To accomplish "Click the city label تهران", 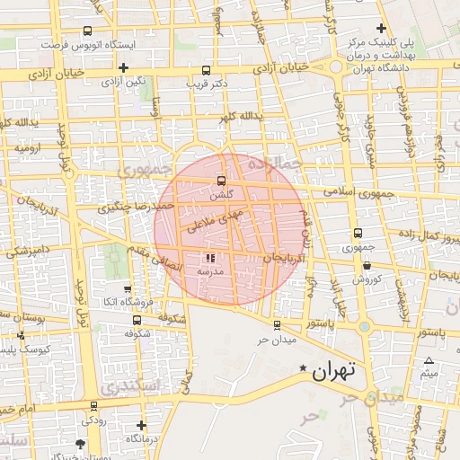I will click(336, 368).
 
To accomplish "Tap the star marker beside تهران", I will click(303, 367).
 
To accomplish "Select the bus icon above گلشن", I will click(222, 181).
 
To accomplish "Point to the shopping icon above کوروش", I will click(367, 265).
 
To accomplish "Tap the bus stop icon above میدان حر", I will click(276, 325).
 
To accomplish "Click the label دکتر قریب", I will click(208, 84).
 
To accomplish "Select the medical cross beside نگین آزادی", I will click(123, 67).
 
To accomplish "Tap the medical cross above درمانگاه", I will click(141, 425).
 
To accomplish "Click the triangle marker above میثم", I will click(429, 361).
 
